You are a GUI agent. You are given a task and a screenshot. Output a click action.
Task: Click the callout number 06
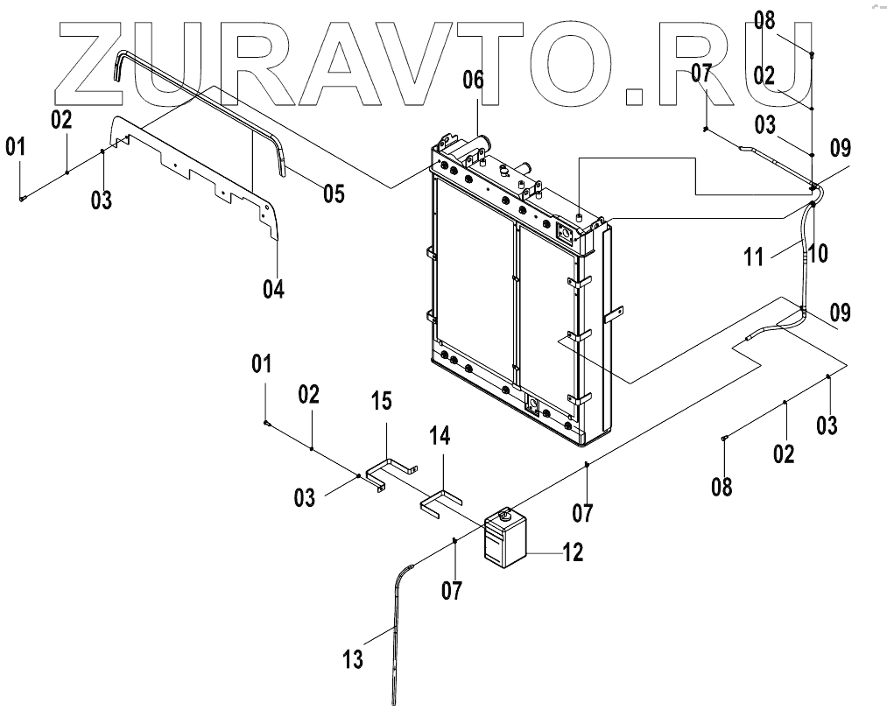473,81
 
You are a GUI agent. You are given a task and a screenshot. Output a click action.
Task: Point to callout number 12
572,552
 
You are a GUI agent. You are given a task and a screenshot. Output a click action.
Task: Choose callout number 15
381,402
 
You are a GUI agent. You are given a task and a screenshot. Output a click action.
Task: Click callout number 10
818,254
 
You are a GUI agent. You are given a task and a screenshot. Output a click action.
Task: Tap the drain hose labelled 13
398,630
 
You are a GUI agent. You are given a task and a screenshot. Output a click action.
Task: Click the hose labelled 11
803,254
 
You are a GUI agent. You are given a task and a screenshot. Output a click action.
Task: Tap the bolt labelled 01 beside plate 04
21,199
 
